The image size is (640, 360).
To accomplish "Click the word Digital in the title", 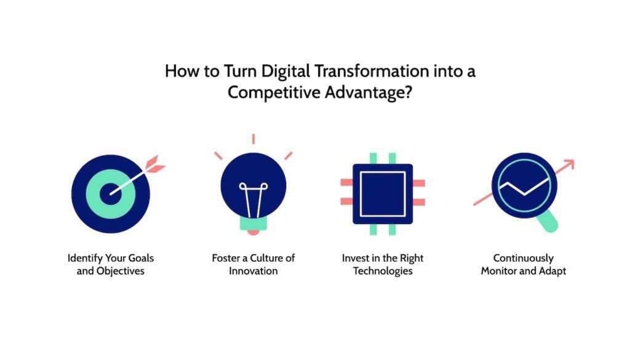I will point(287,71).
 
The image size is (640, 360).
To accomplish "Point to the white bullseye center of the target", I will point(112,193).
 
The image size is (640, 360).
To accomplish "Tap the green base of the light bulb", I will point(253,225).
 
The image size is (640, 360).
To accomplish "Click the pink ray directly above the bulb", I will point(253,138).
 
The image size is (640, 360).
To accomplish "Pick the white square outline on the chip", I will point(382,194).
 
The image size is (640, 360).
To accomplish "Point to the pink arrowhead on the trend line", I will point(569,164).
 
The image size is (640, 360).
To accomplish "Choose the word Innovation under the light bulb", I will point(253,271).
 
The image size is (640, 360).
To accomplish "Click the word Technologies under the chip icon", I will point(382,271).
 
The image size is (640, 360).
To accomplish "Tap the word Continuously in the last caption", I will point(524,258).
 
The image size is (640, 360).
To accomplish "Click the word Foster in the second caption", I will point(226,258).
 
